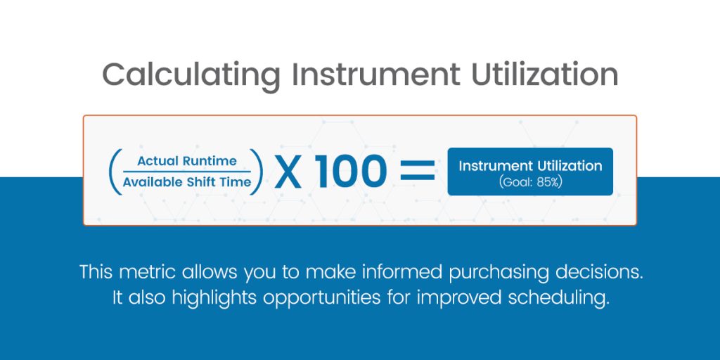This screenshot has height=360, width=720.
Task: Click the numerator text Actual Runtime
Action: coord(186,161)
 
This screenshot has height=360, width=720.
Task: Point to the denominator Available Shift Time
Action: coord(186,182)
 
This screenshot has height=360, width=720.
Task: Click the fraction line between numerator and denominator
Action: coord(186,172)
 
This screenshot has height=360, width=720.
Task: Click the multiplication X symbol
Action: coord(288,172)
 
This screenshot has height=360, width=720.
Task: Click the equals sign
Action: coord(418,172)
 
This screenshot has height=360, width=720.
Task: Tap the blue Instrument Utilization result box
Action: coord(530,172)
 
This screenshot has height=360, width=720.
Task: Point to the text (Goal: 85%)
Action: coord(530,182)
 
